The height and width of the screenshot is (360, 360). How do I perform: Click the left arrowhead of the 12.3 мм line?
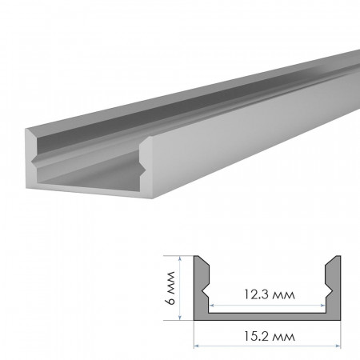coord(212,305)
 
